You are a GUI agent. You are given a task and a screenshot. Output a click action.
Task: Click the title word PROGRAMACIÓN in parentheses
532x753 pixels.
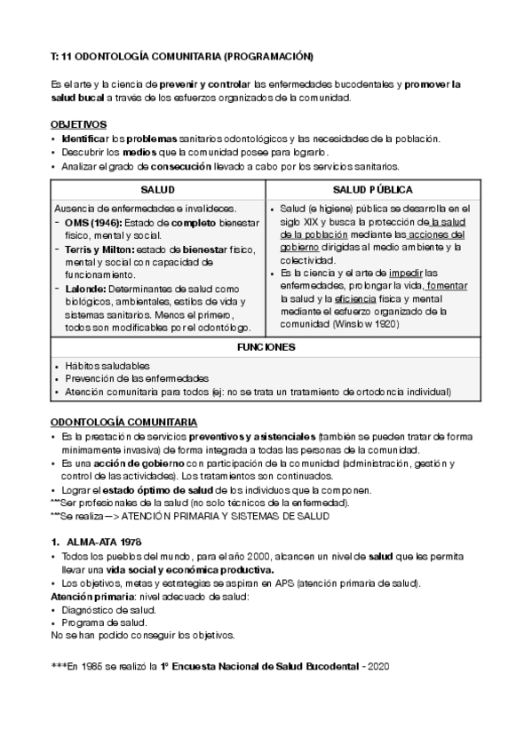point(268,56)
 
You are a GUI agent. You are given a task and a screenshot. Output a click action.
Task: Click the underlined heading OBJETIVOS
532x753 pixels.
point(79,124)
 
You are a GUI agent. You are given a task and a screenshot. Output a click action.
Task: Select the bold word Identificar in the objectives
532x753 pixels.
point(84,139)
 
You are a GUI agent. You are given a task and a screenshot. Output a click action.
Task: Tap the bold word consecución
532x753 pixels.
point(181,165)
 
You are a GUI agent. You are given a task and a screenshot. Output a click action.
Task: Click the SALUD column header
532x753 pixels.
point(157,190)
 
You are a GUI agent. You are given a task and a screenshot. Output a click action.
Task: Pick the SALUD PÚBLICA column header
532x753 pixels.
point(374,190)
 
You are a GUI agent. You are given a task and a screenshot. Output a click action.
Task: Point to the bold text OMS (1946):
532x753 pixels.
point(94,222)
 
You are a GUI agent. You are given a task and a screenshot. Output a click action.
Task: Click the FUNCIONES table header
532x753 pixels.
point(266,347)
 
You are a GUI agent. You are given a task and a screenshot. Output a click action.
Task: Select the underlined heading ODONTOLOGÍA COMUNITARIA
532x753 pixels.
point(124,421)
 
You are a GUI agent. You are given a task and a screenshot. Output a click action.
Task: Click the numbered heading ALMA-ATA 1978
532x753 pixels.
point(104,541)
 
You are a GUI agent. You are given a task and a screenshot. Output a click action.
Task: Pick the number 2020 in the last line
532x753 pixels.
point(378,666)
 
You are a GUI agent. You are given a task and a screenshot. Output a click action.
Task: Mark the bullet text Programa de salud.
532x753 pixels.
point(101,622)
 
